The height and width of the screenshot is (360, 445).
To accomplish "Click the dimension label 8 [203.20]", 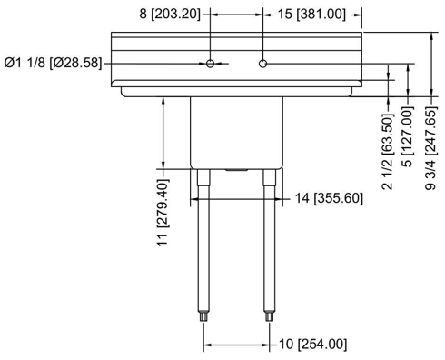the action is click(x=170, y=14).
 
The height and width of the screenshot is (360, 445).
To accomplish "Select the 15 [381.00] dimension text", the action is click(x=311, y=14).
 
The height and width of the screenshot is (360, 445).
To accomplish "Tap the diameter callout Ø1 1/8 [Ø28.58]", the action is click(x=53, y=63).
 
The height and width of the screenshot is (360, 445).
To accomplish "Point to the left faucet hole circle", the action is click(x=210, y=64).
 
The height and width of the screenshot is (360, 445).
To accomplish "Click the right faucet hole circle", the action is click(x=262, y=64).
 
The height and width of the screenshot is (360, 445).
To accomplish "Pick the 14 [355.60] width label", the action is click(x=329, y=198).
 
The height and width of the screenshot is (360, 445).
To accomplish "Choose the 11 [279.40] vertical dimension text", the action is click(x=163, y=213).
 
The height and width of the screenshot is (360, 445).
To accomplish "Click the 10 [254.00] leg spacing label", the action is click(x=312, y=345).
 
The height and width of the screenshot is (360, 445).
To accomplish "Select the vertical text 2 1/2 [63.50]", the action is click(x=388, y=152).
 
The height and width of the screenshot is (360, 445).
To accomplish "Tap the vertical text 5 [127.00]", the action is click(x=408, y=137).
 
